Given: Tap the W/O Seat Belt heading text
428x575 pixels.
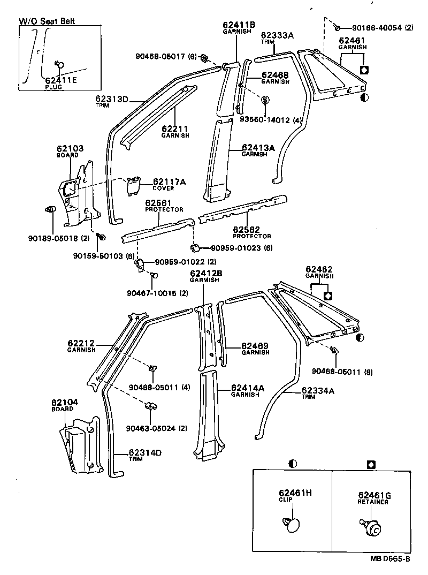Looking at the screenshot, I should (x=47, y=21).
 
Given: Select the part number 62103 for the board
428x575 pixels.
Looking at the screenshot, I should (x=70, y=148).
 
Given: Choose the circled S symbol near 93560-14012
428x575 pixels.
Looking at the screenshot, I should (x=265, y=100).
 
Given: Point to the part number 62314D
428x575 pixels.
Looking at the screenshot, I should (x=145, y=453).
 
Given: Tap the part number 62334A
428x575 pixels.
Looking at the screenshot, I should (x=318, y=391).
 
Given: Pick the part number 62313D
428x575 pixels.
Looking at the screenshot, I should (x=112, y=99).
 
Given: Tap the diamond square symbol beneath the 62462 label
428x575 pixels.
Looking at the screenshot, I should (x=328, y=295).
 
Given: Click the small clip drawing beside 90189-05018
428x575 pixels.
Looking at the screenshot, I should (x=50, y=208).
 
